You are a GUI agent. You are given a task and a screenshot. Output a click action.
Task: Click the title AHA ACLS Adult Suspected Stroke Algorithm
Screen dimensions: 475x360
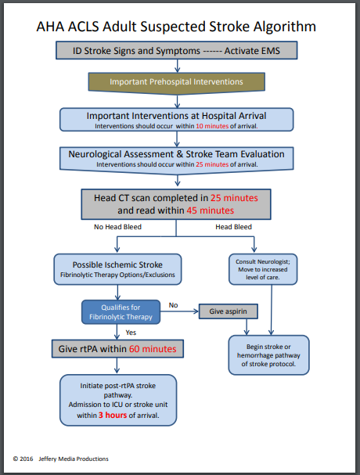click(176, 26)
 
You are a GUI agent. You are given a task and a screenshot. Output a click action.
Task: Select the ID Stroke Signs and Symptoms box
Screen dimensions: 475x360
click(176, 51)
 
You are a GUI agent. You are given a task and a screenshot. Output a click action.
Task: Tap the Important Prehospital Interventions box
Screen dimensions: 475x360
click(176, 81)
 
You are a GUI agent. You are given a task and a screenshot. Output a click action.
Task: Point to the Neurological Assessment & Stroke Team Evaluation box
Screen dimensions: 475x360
click(176, 157)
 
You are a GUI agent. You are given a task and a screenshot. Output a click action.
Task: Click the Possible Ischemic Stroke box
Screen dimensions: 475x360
click(118, 268)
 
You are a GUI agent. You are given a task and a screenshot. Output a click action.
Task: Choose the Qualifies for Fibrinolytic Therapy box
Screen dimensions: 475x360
click(117, 313)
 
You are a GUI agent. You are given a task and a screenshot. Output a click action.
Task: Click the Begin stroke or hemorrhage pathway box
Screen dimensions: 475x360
click(268, 353)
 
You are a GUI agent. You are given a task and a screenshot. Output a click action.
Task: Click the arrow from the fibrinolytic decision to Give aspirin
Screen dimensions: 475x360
click(175, 312)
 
